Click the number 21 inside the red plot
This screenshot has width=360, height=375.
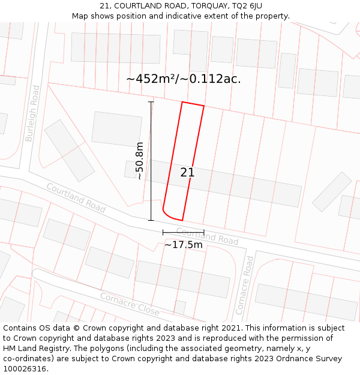187,173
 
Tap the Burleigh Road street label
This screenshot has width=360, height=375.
32,113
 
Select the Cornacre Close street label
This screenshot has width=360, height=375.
130,304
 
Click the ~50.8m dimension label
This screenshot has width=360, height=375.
140,161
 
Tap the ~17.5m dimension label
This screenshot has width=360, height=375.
184,244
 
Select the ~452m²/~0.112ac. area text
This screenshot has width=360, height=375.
184,79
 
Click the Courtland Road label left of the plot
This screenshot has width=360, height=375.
76,198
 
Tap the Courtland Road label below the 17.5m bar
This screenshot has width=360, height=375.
207,236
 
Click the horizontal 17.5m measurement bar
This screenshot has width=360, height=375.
183,232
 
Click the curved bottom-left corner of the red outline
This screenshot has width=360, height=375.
167,214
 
